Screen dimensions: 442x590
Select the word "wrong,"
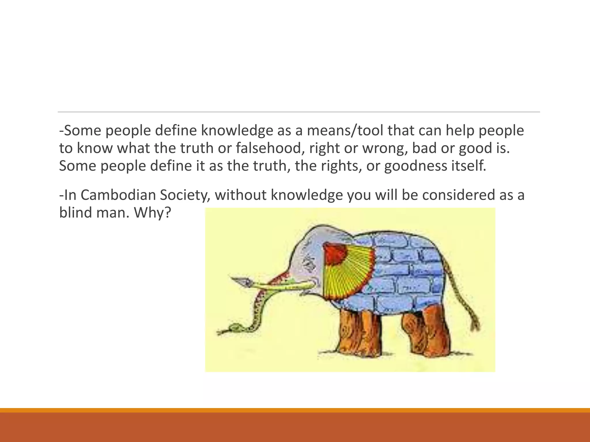click(x=385, y=148)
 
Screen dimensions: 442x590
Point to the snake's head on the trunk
click(x=233, y=328)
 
